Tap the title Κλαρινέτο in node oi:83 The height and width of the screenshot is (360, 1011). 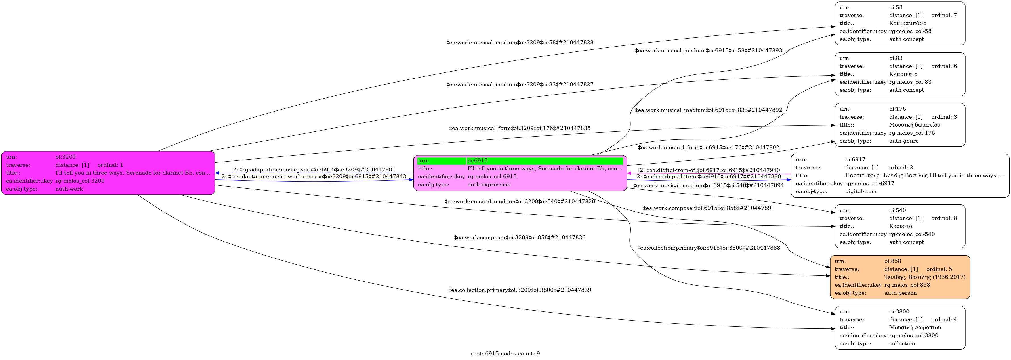click(x=903, y=74)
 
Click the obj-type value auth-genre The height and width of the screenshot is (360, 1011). click(x=904, y=141)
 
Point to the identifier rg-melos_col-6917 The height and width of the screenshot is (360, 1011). click(x=869, y=183)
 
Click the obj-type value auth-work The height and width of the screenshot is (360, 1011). click(x=69, y=189)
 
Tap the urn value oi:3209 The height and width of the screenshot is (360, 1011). click(x=66, y=157)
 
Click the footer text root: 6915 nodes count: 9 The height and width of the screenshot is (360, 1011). click(x=505, y=354)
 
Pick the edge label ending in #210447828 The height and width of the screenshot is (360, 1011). click(x=520, y=42)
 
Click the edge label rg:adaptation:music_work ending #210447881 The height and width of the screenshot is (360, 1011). click(x=314, y=169)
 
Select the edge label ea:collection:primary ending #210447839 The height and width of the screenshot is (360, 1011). click(x=520, y=290)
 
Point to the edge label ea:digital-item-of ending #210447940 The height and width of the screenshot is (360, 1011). click(x=709, y=170)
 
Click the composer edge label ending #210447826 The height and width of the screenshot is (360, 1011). click(x=520, y=238)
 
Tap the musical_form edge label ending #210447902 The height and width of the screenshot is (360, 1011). click(x=709, y=148)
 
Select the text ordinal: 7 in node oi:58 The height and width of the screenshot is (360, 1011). click(x=944, y=15)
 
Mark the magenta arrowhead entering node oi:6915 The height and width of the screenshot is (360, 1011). click(x=629, y=173)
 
